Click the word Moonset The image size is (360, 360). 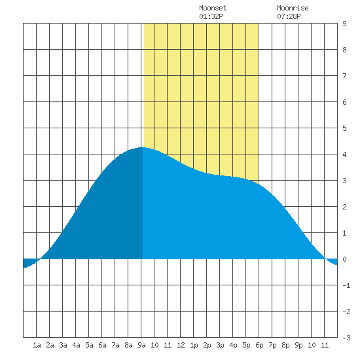pyautogui.click(x=213, y=8)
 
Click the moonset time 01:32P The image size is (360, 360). pyautogui.click(x=211, y=16)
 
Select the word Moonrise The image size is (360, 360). pyautogui.click(x=293, y=8)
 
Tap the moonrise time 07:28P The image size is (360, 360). pyautogui.click(x=289, y=16)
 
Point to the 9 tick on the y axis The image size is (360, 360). pyautogui.click(x=344, y=24)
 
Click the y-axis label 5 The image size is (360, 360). pyautogui.click(x=344, y=128)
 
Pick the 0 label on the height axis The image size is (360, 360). pyautogui.click(x=344, y=259)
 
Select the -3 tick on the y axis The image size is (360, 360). pyautogui.click(x=346, y=338)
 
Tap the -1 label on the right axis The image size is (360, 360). pyautogui.click(x=346, y=285)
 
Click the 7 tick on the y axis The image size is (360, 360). pyautogui.click(x=344, y=76)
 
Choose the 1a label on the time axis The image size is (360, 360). pyautogui.click(x=37, y=345)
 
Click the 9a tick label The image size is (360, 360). pyautogui.click(x=141, y=345)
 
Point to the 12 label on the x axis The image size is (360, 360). pyautogui.click(x=181, y=345)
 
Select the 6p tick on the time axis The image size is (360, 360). pyautogui.click(x=259, y=345)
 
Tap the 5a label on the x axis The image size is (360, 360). pyautogui.click(x=89, y=345)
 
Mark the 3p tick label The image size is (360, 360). pyautogui.click(x=220, y=345)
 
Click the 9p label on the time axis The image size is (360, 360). pyautogui.click(x=298, y=345)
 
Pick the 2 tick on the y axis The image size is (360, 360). pyautogui.click(x=344, y=207)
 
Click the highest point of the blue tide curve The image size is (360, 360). pyautogui.click(x=142, y=147)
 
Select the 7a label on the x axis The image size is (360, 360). pyautogui.click(x=115, y=345)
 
